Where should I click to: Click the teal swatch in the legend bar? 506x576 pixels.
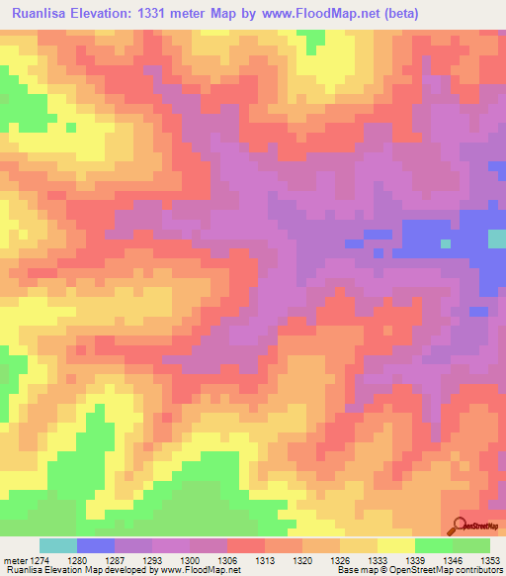tap(58, 545)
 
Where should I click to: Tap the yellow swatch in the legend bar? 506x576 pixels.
tap(395, 545)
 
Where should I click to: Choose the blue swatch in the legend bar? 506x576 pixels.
tap(96, 545)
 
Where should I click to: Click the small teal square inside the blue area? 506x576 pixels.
tap(446, 242)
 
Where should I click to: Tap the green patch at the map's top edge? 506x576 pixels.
tap(314, 41)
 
